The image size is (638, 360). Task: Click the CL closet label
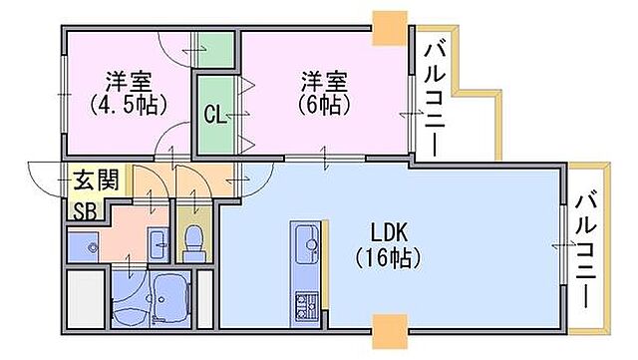[x=213, y=114]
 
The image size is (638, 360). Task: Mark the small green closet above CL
[x=212, y=47]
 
